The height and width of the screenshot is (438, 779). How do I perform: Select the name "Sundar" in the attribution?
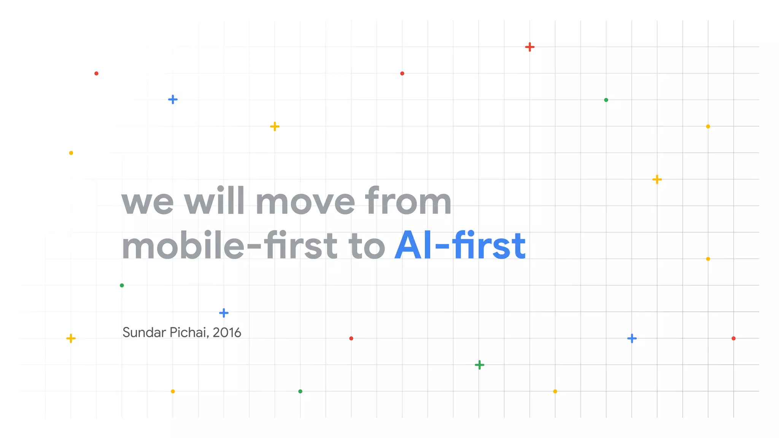(x=144, y=332)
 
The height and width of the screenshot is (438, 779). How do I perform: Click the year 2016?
(x=227, y=333)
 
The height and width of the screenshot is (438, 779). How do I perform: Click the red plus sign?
(x=530, y=47)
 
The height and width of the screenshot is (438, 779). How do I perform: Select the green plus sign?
(x=480, y=365)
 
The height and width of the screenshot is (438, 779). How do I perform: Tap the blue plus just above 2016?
(x=224, y=313)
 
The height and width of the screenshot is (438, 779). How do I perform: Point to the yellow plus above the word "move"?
(x=275, y=126)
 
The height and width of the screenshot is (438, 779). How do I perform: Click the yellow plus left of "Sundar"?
(x=71, y=338)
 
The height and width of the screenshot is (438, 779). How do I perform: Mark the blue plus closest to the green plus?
(x=632, y=338)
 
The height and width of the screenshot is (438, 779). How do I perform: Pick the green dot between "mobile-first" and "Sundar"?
(x=122, y=286)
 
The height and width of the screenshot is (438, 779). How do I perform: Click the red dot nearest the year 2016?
(x=351, y=338)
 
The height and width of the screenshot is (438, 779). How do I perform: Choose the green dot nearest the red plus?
(x=606, y=100)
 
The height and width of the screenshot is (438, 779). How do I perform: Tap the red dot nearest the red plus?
(x=402, y=73)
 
